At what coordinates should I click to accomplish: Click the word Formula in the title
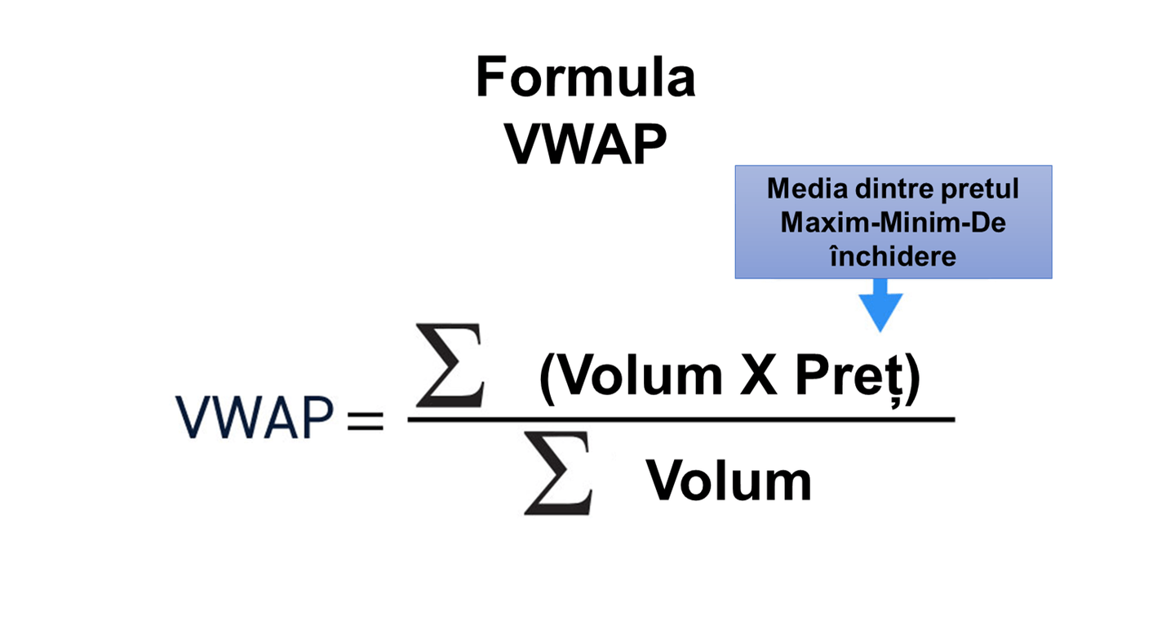(585, 79)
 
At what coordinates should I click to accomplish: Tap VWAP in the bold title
(585, 144)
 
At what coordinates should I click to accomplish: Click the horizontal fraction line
(681, 420)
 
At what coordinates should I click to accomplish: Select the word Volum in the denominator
(729, 481)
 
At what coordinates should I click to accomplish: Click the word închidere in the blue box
(893, 255)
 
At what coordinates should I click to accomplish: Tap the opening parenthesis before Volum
(548, 378)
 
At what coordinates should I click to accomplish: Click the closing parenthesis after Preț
(912, 378)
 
